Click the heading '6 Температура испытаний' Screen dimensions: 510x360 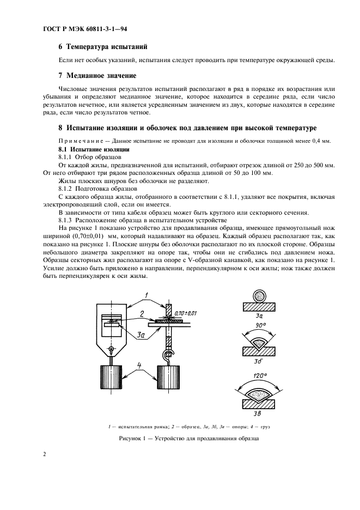coord(102,47)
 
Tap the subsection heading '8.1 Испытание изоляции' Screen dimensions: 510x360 coord(93,149)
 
